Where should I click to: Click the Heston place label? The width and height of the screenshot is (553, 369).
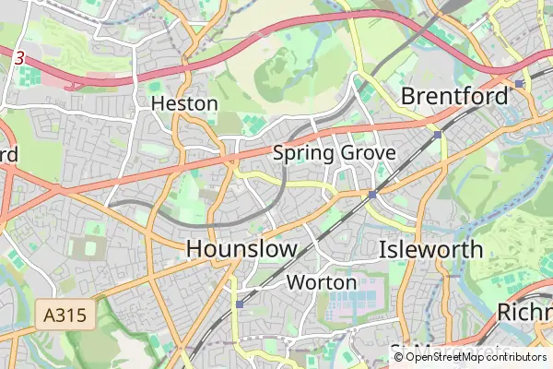[184, 103]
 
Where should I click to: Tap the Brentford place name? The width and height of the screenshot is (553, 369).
[454, 96]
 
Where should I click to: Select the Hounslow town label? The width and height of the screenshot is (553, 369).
[241, 249]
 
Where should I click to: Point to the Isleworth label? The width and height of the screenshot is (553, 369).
[430, 249]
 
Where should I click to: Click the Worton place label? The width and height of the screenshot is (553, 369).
[322, 281]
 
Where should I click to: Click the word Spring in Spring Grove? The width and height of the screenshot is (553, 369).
[302, 153]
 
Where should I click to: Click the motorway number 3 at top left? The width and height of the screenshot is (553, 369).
[19, 57]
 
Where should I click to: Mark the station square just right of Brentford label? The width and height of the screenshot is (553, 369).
[520, 83]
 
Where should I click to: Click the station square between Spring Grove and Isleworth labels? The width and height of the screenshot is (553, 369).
[371, 195]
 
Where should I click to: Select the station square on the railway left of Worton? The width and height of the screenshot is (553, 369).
[240, 303]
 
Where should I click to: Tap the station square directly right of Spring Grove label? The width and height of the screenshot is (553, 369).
[437, 135]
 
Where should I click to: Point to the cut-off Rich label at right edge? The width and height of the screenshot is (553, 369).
[524, 312]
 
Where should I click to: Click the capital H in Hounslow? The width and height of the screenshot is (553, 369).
[195, 249]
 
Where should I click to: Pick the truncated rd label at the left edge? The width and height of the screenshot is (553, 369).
[8, 153]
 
